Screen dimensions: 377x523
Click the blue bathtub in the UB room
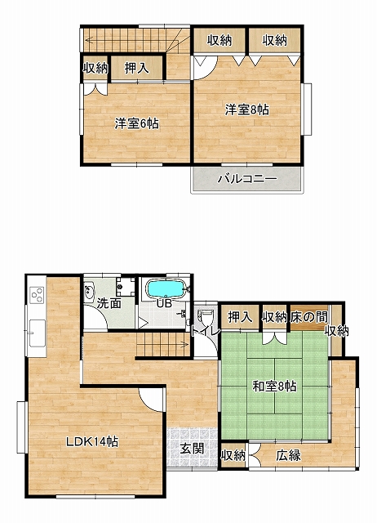[165, 288]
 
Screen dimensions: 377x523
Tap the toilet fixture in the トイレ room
[203, 316]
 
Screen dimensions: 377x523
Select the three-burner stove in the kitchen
[37, 295]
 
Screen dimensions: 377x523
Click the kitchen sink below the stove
[37, 333]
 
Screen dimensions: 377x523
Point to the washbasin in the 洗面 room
[88, 292]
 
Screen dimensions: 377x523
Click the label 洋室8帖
[246, 110]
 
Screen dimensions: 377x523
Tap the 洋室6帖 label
[136, 123]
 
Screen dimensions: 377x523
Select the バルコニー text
[247, 179]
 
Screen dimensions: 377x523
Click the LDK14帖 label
[91, 442]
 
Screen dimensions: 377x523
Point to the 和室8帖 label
[274, 387]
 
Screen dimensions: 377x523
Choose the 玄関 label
[192, 449]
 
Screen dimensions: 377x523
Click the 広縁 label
[288, 455]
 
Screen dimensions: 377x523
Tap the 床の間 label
[308, 317]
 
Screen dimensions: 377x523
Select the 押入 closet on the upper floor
[136, 68]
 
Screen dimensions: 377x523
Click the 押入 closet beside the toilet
[239, 317]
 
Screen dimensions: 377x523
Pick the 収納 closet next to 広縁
[233, 454]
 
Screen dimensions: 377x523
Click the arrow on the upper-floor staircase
[132, 41]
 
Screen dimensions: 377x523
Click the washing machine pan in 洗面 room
[126, 286]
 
